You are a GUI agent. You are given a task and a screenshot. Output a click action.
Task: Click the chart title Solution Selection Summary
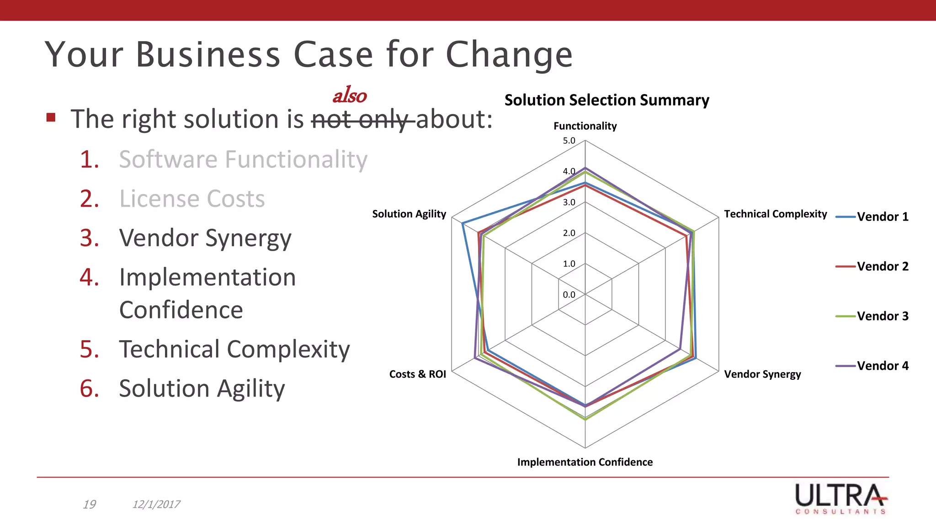(x=606, y=100)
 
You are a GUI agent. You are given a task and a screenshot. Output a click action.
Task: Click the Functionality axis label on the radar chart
(x=585, y=126)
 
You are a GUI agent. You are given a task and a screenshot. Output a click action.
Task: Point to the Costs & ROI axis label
(x=417, y=374)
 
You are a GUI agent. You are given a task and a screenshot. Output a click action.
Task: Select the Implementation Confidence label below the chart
(x=585, y=462)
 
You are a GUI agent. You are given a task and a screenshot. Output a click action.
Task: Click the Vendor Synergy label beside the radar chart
(x=762, y=374)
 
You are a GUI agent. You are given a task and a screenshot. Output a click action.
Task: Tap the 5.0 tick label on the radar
(x=569, y=141)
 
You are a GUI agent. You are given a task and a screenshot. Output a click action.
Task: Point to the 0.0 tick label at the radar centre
(x=569, y=295)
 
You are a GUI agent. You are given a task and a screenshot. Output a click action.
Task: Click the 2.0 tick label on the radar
(x=569, y=233)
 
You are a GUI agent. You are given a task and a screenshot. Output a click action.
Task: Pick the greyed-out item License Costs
(x=192, y=199)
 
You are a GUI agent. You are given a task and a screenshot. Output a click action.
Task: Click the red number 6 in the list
(x=89, y=389)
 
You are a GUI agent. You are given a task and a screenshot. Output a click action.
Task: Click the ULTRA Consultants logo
(x=841, y=499)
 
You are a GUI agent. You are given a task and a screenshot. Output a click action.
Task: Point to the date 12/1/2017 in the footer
(x=156, y=504)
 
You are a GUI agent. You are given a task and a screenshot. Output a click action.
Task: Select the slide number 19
(x=89, y=504)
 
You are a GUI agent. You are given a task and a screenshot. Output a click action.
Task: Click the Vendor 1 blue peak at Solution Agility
(x=463, y=223)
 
